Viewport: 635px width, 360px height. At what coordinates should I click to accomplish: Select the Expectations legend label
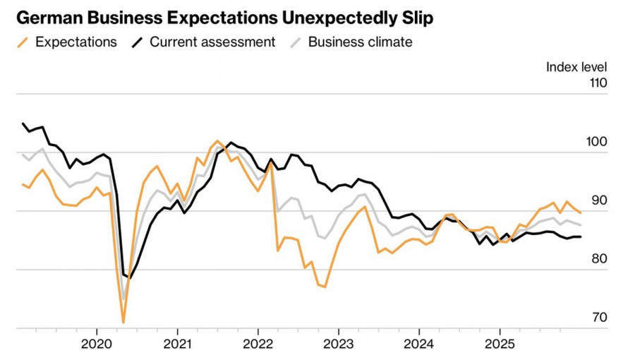[75, 42]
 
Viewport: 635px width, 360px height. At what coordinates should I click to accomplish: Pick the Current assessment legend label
[212, 42]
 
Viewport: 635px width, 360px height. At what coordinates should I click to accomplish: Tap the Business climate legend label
[360, 42]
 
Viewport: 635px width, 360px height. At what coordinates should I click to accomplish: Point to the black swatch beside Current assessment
[138, 42]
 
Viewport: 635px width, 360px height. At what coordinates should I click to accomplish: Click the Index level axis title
[576, 67]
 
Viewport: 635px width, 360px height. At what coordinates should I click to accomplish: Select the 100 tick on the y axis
[597, 141]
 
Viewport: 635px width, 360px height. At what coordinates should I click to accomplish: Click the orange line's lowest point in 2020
[123, 323]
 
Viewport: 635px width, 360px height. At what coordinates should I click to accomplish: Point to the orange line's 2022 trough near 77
[325, 287]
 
